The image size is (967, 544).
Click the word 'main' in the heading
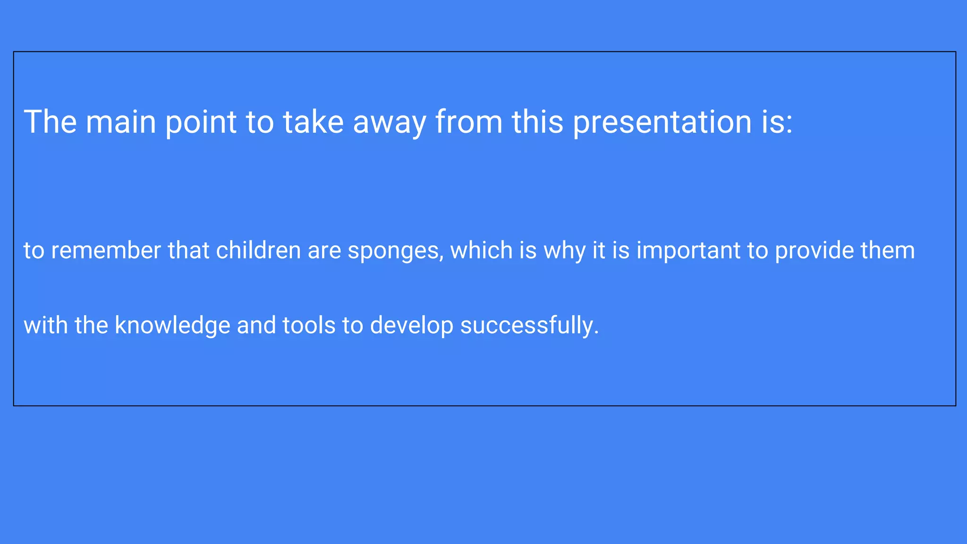click(121, 122)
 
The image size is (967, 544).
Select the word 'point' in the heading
click(201, 123)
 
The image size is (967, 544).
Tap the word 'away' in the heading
click(390, 123)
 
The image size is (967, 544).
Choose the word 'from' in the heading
click(469, 122)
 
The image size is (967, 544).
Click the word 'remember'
click(106, 250)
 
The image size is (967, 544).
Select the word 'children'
click(258, 250)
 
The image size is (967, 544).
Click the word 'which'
click(481, 250)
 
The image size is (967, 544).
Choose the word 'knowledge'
click(172, 326)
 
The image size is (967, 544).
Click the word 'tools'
click(309, 326)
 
